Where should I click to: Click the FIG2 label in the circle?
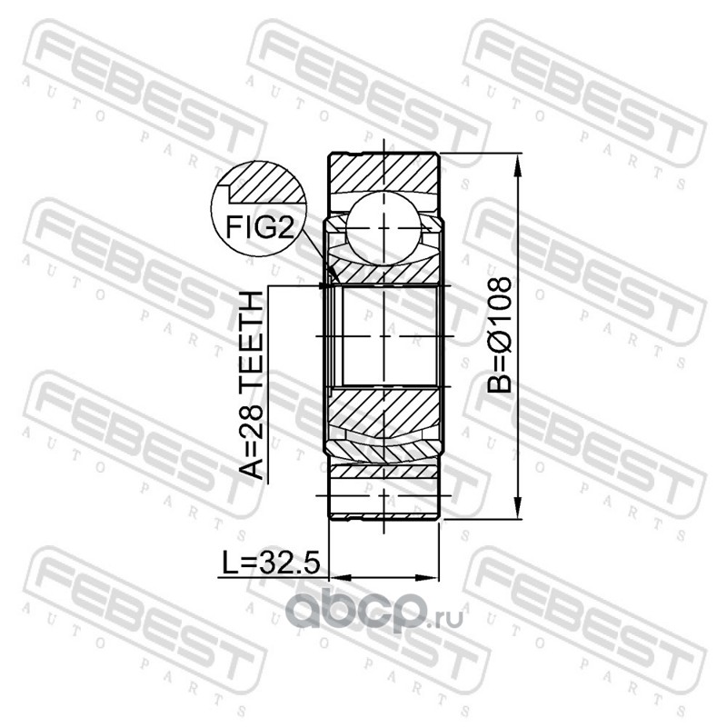[260, 228]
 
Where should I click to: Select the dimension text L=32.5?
[271, 563]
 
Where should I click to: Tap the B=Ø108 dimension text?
[500, 335]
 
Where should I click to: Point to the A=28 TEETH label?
[251, 384]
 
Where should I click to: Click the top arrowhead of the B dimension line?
[518, 165]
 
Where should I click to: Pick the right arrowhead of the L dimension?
[426, 578]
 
